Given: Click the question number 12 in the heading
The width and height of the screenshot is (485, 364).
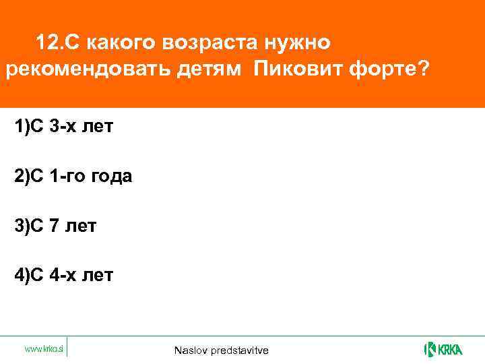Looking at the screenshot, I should pos(46,43).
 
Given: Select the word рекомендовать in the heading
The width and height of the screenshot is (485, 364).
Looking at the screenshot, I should pos(80,71).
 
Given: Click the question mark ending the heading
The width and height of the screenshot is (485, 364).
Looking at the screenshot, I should pos(422,71).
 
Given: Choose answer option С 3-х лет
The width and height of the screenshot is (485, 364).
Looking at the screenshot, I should pos(64,127).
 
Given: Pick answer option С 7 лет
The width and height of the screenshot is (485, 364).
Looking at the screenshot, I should pos(56,226).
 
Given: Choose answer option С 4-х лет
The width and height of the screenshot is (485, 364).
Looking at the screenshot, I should pos(65,275).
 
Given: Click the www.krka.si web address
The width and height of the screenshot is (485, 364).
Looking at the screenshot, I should pos(44,349).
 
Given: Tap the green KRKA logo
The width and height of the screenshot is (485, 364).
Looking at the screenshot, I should pos(443,349).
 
